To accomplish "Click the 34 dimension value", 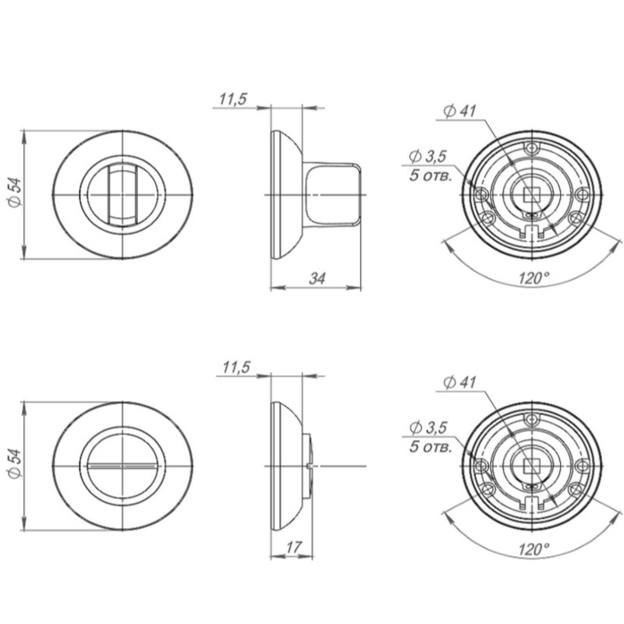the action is point(317,278).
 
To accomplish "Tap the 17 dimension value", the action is point(294,548).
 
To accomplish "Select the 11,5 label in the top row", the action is point(233,99).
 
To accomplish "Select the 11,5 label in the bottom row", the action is point(236,367).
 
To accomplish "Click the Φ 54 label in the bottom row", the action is point(15,464).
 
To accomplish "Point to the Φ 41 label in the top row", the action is point(459,111).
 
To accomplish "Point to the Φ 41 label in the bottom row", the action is point(459,382).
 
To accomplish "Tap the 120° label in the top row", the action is point(534,278).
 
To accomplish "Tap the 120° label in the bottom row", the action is point(534,550).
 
